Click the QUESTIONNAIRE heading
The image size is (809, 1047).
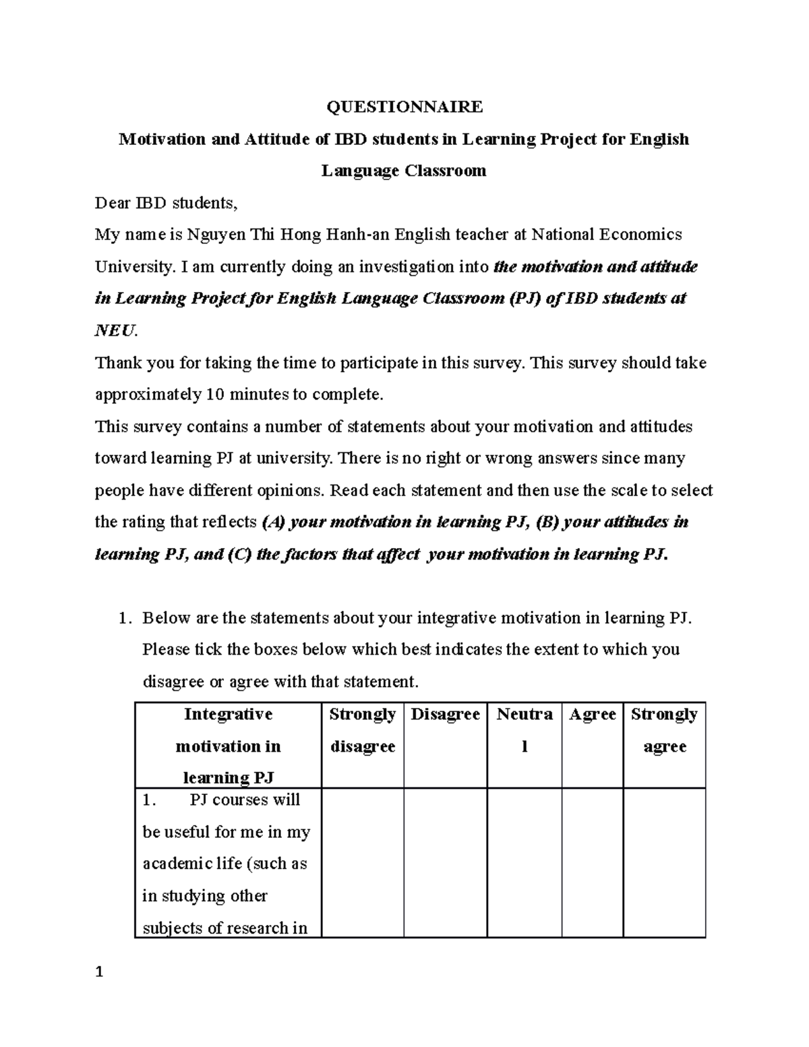click(x=404, y=107)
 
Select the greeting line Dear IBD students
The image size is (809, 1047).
click(x=167, y=202)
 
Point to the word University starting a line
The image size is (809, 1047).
click(x=133, y=266)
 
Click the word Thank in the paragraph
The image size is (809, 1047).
click(x=115, y=363)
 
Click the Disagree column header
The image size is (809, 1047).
click(x=445, y=715)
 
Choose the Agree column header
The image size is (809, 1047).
click(x=592, y=715)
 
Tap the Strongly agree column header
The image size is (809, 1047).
click(x=664, y=730)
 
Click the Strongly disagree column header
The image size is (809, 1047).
click(x=362, y=730)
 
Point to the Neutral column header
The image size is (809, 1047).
click(x=524, y=730)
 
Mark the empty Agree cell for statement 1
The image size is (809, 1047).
click(x=592, y=863)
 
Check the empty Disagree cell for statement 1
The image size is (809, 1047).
click(x=445, y=863)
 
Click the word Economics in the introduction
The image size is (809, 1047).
click(x=640, y=235)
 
